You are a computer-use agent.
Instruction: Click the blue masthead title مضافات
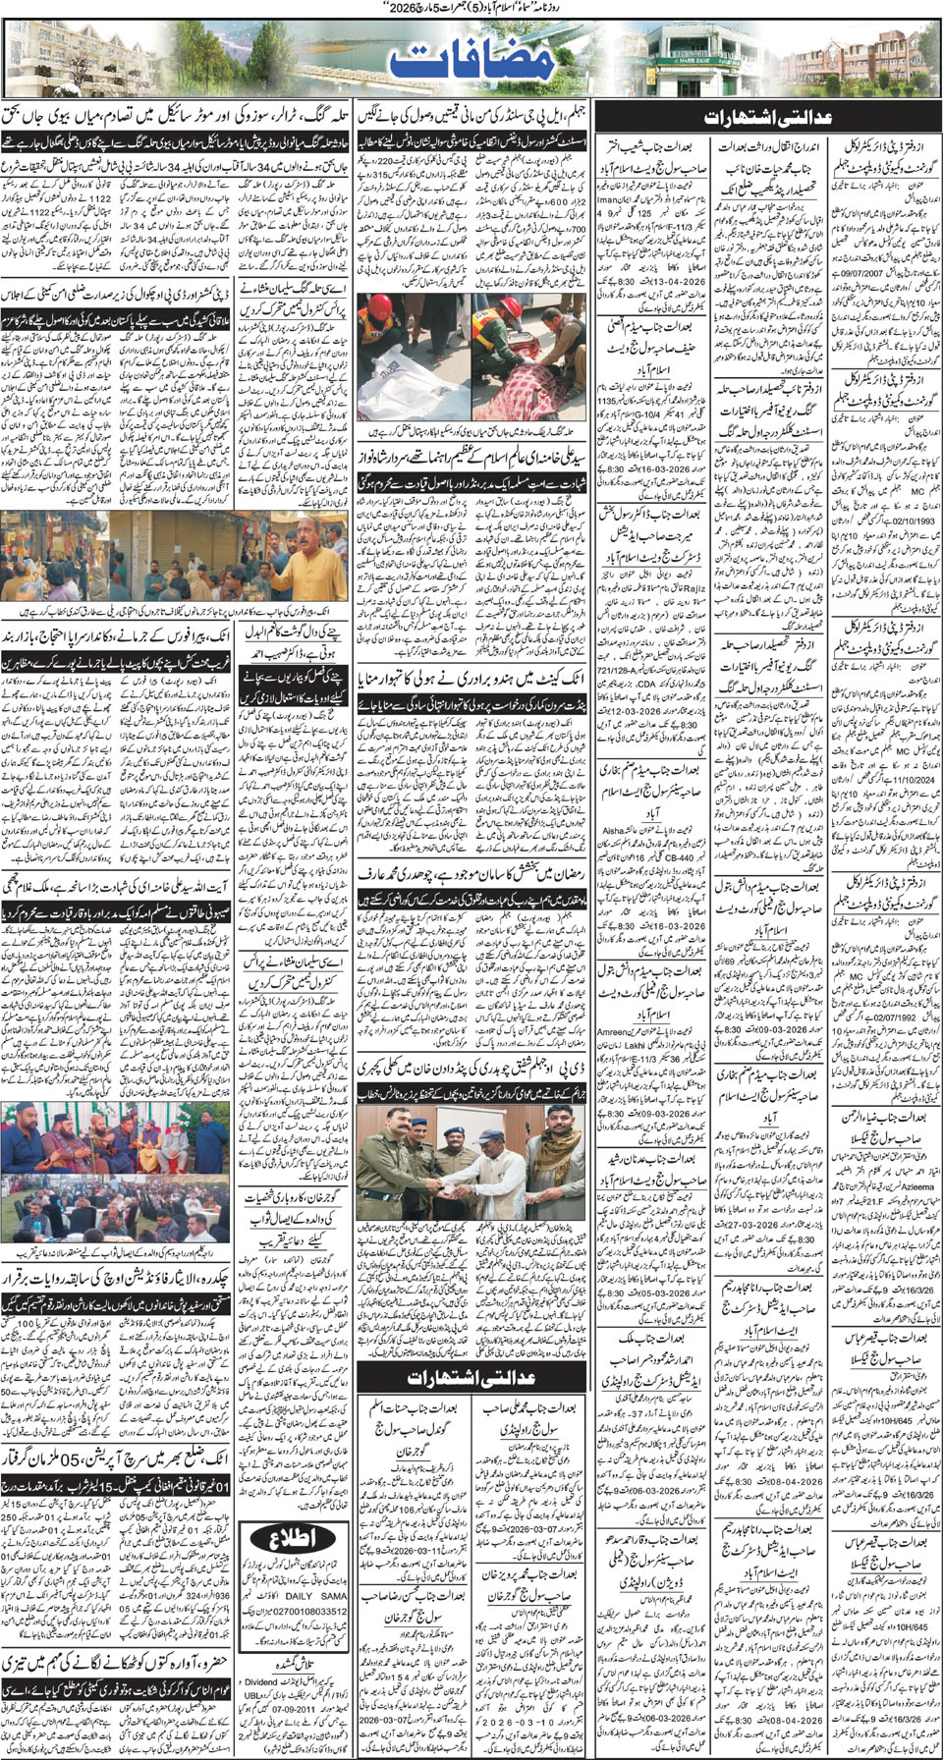pos(472,61)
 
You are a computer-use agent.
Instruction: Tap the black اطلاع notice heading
pos(292,1565)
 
